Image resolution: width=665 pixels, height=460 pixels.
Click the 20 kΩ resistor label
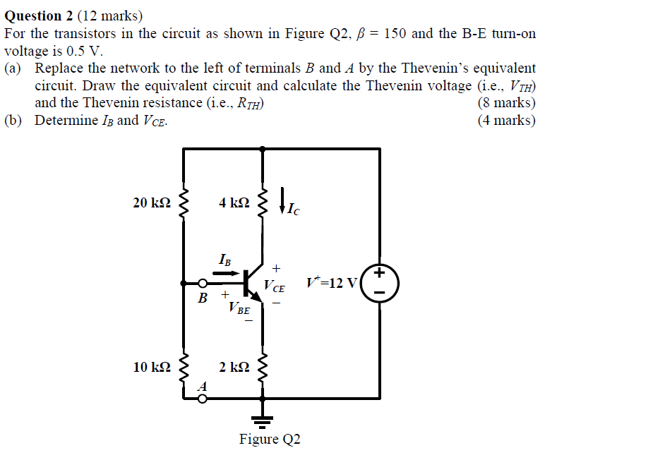152,203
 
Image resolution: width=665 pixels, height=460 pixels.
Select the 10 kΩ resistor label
152,367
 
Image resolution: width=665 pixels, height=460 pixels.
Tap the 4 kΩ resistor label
234,203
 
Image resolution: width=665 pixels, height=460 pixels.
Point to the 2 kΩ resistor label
234,367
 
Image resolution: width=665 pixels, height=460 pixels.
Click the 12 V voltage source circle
380,284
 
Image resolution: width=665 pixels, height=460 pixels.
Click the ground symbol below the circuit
263,420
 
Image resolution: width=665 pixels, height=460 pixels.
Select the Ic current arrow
283,200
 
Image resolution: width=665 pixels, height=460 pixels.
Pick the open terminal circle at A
203,399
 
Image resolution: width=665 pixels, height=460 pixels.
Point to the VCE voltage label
275,286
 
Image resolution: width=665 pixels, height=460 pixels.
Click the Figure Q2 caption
270,440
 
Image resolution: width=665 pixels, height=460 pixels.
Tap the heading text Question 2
43,16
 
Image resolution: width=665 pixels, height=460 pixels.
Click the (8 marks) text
506,103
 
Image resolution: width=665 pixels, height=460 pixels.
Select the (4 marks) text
506,120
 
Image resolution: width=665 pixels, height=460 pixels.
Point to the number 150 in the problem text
394,34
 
